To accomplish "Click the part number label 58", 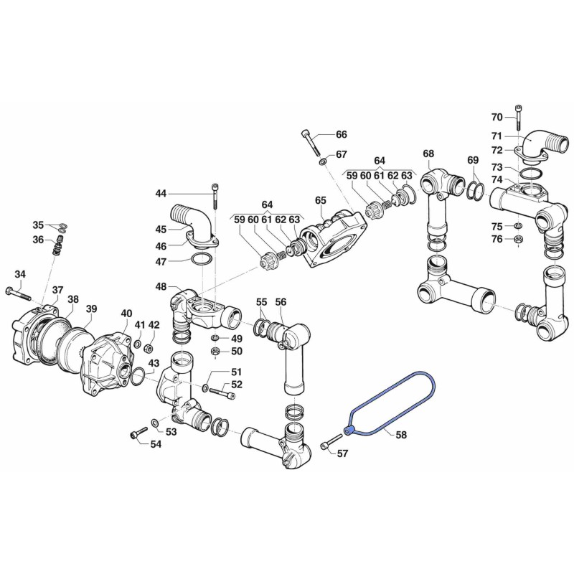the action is click(402, 435).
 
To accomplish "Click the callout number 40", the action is click(126, 314).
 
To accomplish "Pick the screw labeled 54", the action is click(138, 433).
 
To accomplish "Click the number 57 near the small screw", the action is click(342, 453).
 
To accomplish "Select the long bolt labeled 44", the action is click(215, 195).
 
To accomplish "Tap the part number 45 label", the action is click(161, 230).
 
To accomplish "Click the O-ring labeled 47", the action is click(202, 259).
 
